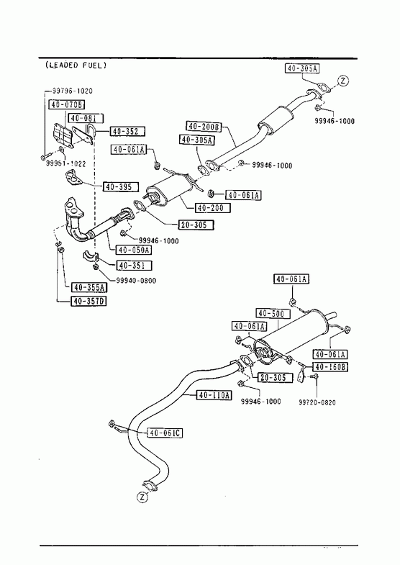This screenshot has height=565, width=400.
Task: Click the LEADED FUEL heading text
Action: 76,65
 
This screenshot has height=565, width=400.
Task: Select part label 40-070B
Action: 67,104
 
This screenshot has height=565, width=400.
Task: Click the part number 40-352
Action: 127,132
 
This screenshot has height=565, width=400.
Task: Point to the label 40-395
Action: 121,187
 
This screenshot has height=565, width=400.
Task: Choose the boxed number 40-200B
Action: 204,127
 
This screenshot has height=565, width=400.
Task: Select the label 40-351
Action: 134,266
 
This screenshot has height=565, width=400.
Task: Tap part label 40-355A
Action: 89,287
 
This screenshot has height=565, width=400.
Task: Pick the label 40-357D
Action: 89,301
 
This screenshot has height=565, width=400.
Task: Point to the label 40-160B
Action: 330,367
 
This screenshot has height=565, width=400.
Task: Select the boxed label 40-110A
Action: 214,395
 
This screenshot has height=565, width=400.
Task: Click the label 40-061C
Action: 165,433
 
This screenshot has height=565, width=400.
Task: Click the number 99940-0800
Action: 136,280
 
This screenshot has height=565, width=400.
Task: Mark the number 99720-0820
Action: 317,402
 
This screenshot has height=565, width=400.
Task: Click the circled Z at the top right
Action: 343,81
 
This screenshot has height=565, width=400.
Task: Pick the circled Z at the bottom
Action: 142,497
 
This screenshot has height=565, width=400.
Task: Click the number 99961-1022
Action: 66,163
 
